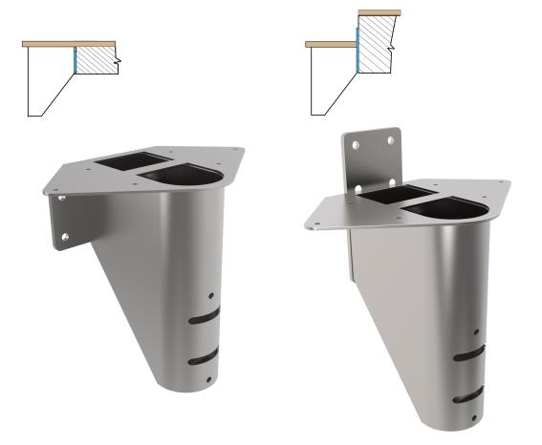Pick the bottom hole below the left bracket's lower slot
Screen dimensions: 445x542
coord(209,381)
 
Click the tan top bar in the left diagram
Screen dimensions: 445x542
coord(69,44)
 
